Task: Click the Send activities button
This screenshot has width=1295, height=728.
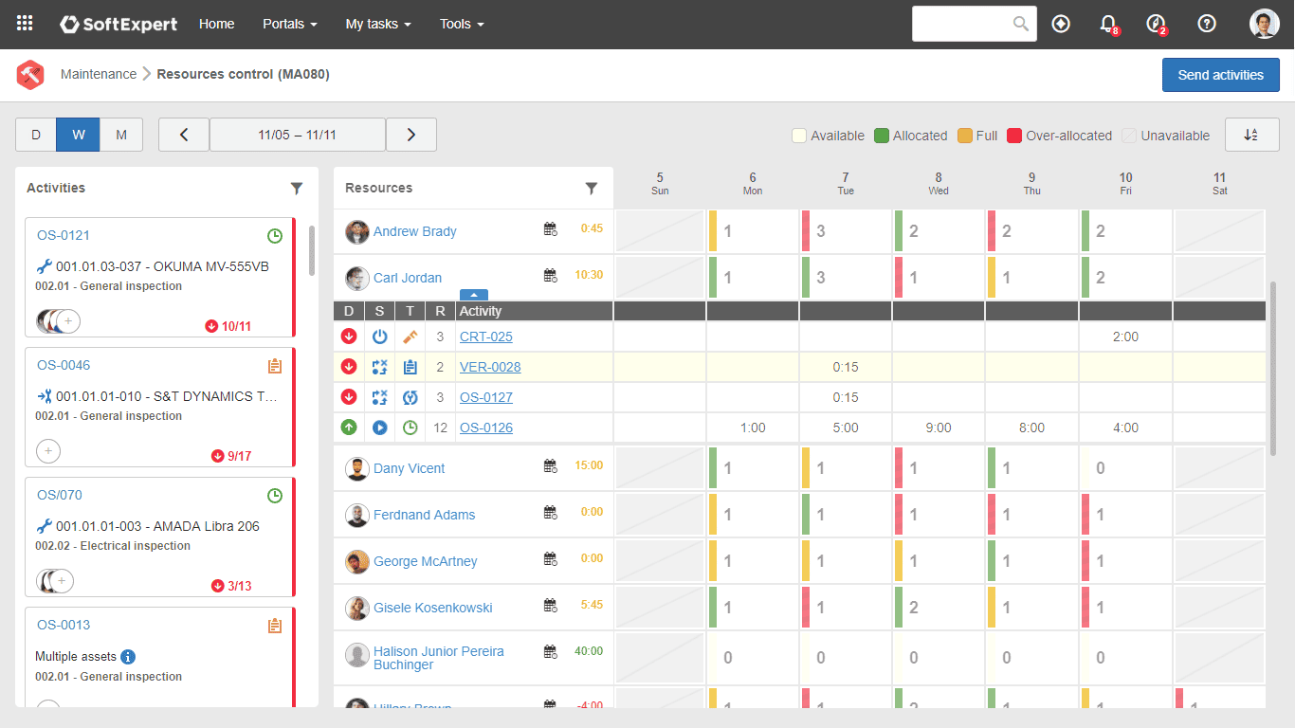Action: [x=1220, y=75]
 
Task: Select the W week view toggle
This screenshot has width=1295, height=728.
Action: [x=79, y=135]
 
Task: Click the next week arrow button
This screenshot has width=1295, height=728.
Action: [x=410, y=135]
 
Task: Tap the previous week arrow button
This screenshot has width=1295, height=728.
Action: [x=184, y=135]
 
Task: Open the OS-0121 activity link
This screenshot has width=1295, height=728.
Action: [x=64, y=235]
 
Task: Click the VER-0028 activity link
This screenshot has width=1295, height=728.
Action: [x=489, y=367]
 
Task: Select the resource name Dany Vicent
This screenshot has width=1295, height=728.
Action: [x=409, y=468]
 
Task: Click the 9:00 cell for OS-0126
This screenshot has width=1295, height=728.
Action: [x=938, y=428]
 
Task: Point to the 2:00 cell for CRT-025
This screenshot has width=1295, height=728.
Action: [x=1124, y=337]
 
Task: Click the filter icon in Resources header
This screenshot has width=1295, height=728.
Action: [x=592, y=189]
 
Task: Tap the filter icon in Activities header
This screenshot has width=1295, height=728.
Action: [x=297, y=189]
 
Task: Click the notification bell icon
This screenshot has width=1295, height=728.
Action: [x=1107, y=24]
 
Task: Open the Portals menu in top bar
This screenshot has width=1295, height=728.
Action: [x=289, y=24]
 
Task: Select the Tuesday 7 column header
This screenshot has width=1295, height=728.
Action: [x=845, y=183]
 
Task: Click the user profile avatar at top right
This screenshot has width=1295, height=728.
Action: [x=1264, y=24]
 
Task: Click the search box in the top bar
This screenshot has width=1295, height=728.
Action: [x=963, y=24]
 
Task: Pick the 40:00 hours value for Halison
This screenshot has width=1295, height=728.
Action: [x=588, y=651]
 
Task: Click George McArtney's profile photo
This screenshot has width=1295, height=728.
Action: [x=356, y=561]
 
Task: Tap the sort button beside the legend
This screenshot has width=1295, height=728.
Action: [x=1251, y=135]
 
